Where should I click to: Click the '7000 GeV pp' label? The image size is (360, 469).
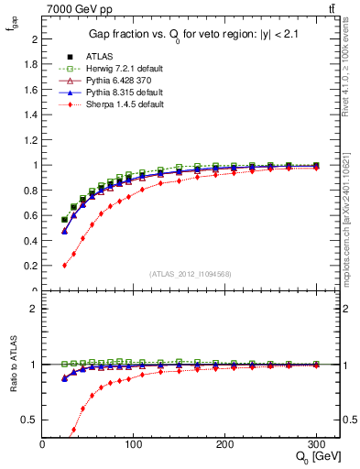tap(76, 8)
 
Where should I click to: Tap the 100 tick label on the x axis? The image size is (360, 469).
tap(135, 443)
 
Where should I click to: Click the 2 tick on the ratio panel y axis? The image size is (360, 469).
tap(33, 309)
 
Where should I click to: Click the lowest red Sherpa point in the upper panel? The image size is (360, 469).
tap(64, 266)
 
